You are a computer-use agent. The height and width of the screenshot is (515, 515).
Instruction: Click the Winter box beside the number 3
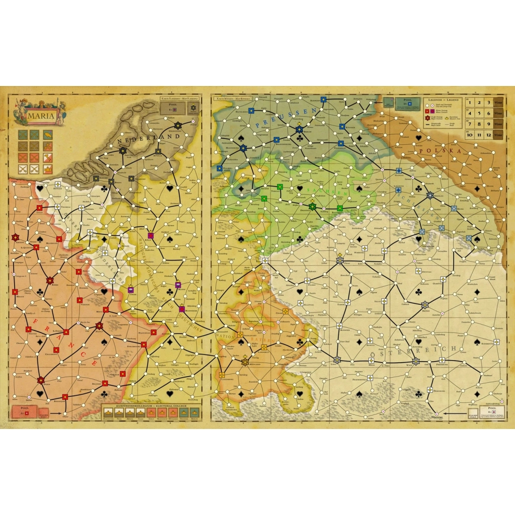click(x=498, y=103)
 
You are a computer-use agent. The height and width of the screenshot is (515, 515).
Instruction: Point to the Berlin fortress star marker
click(x=299, y=129)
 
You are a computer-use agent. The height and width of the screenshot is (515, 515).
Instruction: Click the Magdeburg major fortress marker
click(x=243, y=148)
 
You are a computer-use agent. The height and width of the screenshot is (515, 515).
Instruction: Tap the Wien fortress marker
click(x=416, y=361)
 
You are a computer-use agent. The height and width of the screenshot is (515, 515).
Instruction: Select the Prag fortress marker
click(x=339, y=260)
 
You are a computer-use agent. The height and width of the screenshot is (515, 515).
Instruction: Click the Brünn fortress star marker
click(x=424, y=304)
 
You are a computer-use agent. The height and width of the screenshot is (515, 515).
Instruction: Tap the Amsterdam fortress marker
click(x=123, y=150)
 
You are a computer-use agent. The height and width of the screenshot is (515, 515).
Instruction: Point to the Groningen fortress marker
click(x=178, y=125)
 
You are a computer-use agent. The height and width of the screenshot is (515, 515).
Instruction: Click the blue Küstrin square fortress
click(x=342, y=127)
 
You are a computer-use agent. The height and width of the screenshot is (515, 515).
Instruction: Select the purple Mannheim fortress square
click(x=182, y=309)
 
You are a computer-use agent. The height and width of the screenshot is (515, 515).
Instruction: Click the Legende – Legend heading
click(x=442, y=100)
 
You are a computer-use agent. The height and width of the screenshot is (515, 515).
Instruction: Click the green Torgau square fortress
click(x=280, y=188)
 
